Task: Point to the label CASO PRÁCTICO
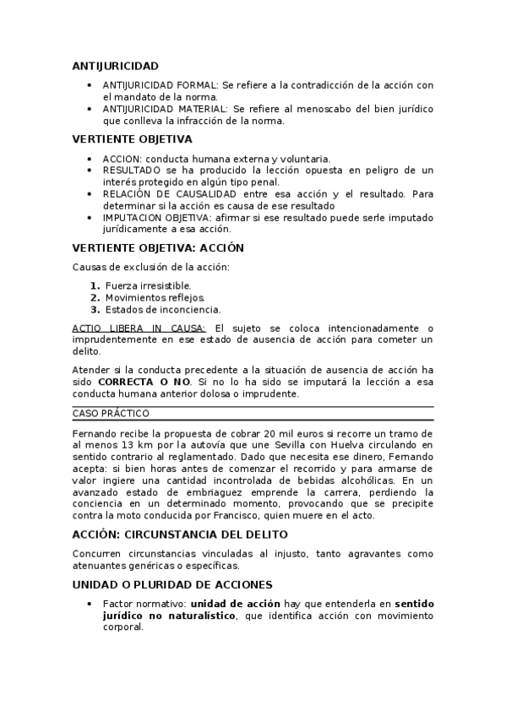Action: (111, 413)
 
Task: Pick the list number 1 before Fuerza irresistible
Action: (95, 285)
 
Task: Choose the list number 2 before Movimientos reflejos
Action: (95, 297)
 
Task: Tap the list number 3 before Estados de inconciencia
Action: (95, 309)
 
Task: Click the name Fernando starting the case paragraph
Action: (96, 432)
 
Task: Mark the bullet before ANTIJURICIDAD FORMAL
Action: (90, 85)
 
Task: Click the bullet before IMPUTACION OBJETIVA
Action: (90, 217)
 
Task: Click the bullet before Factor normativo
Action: (90, 605)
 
